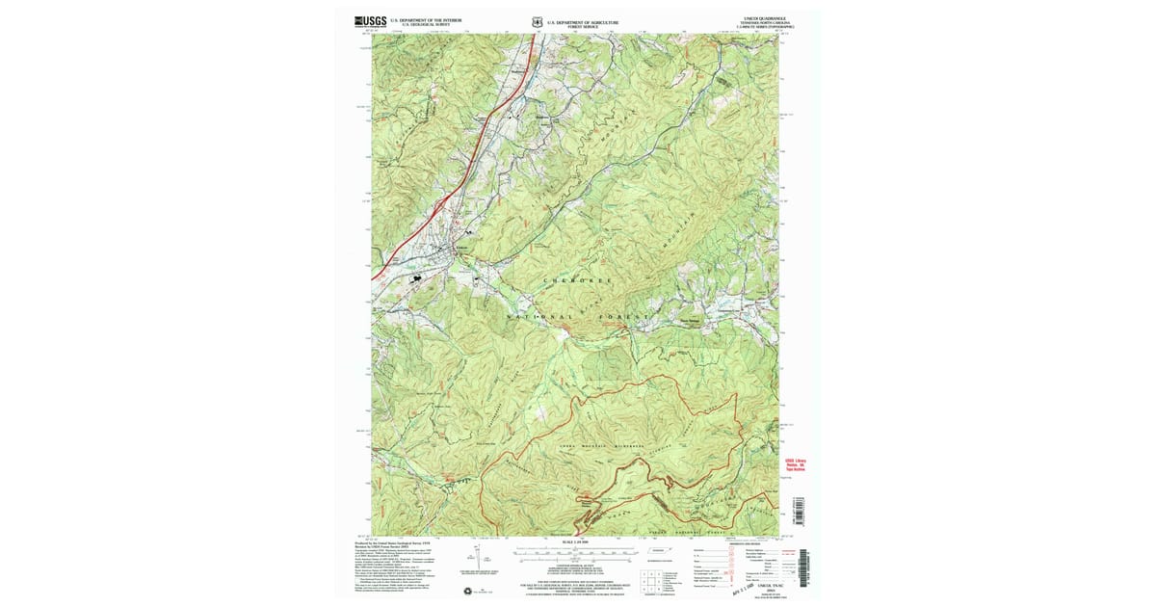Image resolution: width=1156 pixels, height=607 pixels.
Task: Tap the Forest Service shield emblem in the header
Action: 538,19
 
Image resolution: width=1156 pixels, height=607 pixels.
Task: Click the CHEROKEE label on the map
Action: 578,280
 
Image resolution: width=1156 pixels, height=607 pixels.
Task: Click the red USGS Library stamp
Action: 796,465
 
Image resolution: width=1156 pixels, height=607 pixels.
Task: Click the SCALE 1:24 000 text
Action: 575,543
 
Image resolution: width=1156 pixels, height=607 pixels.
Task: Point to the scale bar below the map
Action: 575,554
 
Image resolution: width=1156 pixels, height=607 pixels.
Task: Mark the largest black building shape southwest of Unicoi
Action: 417,278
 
